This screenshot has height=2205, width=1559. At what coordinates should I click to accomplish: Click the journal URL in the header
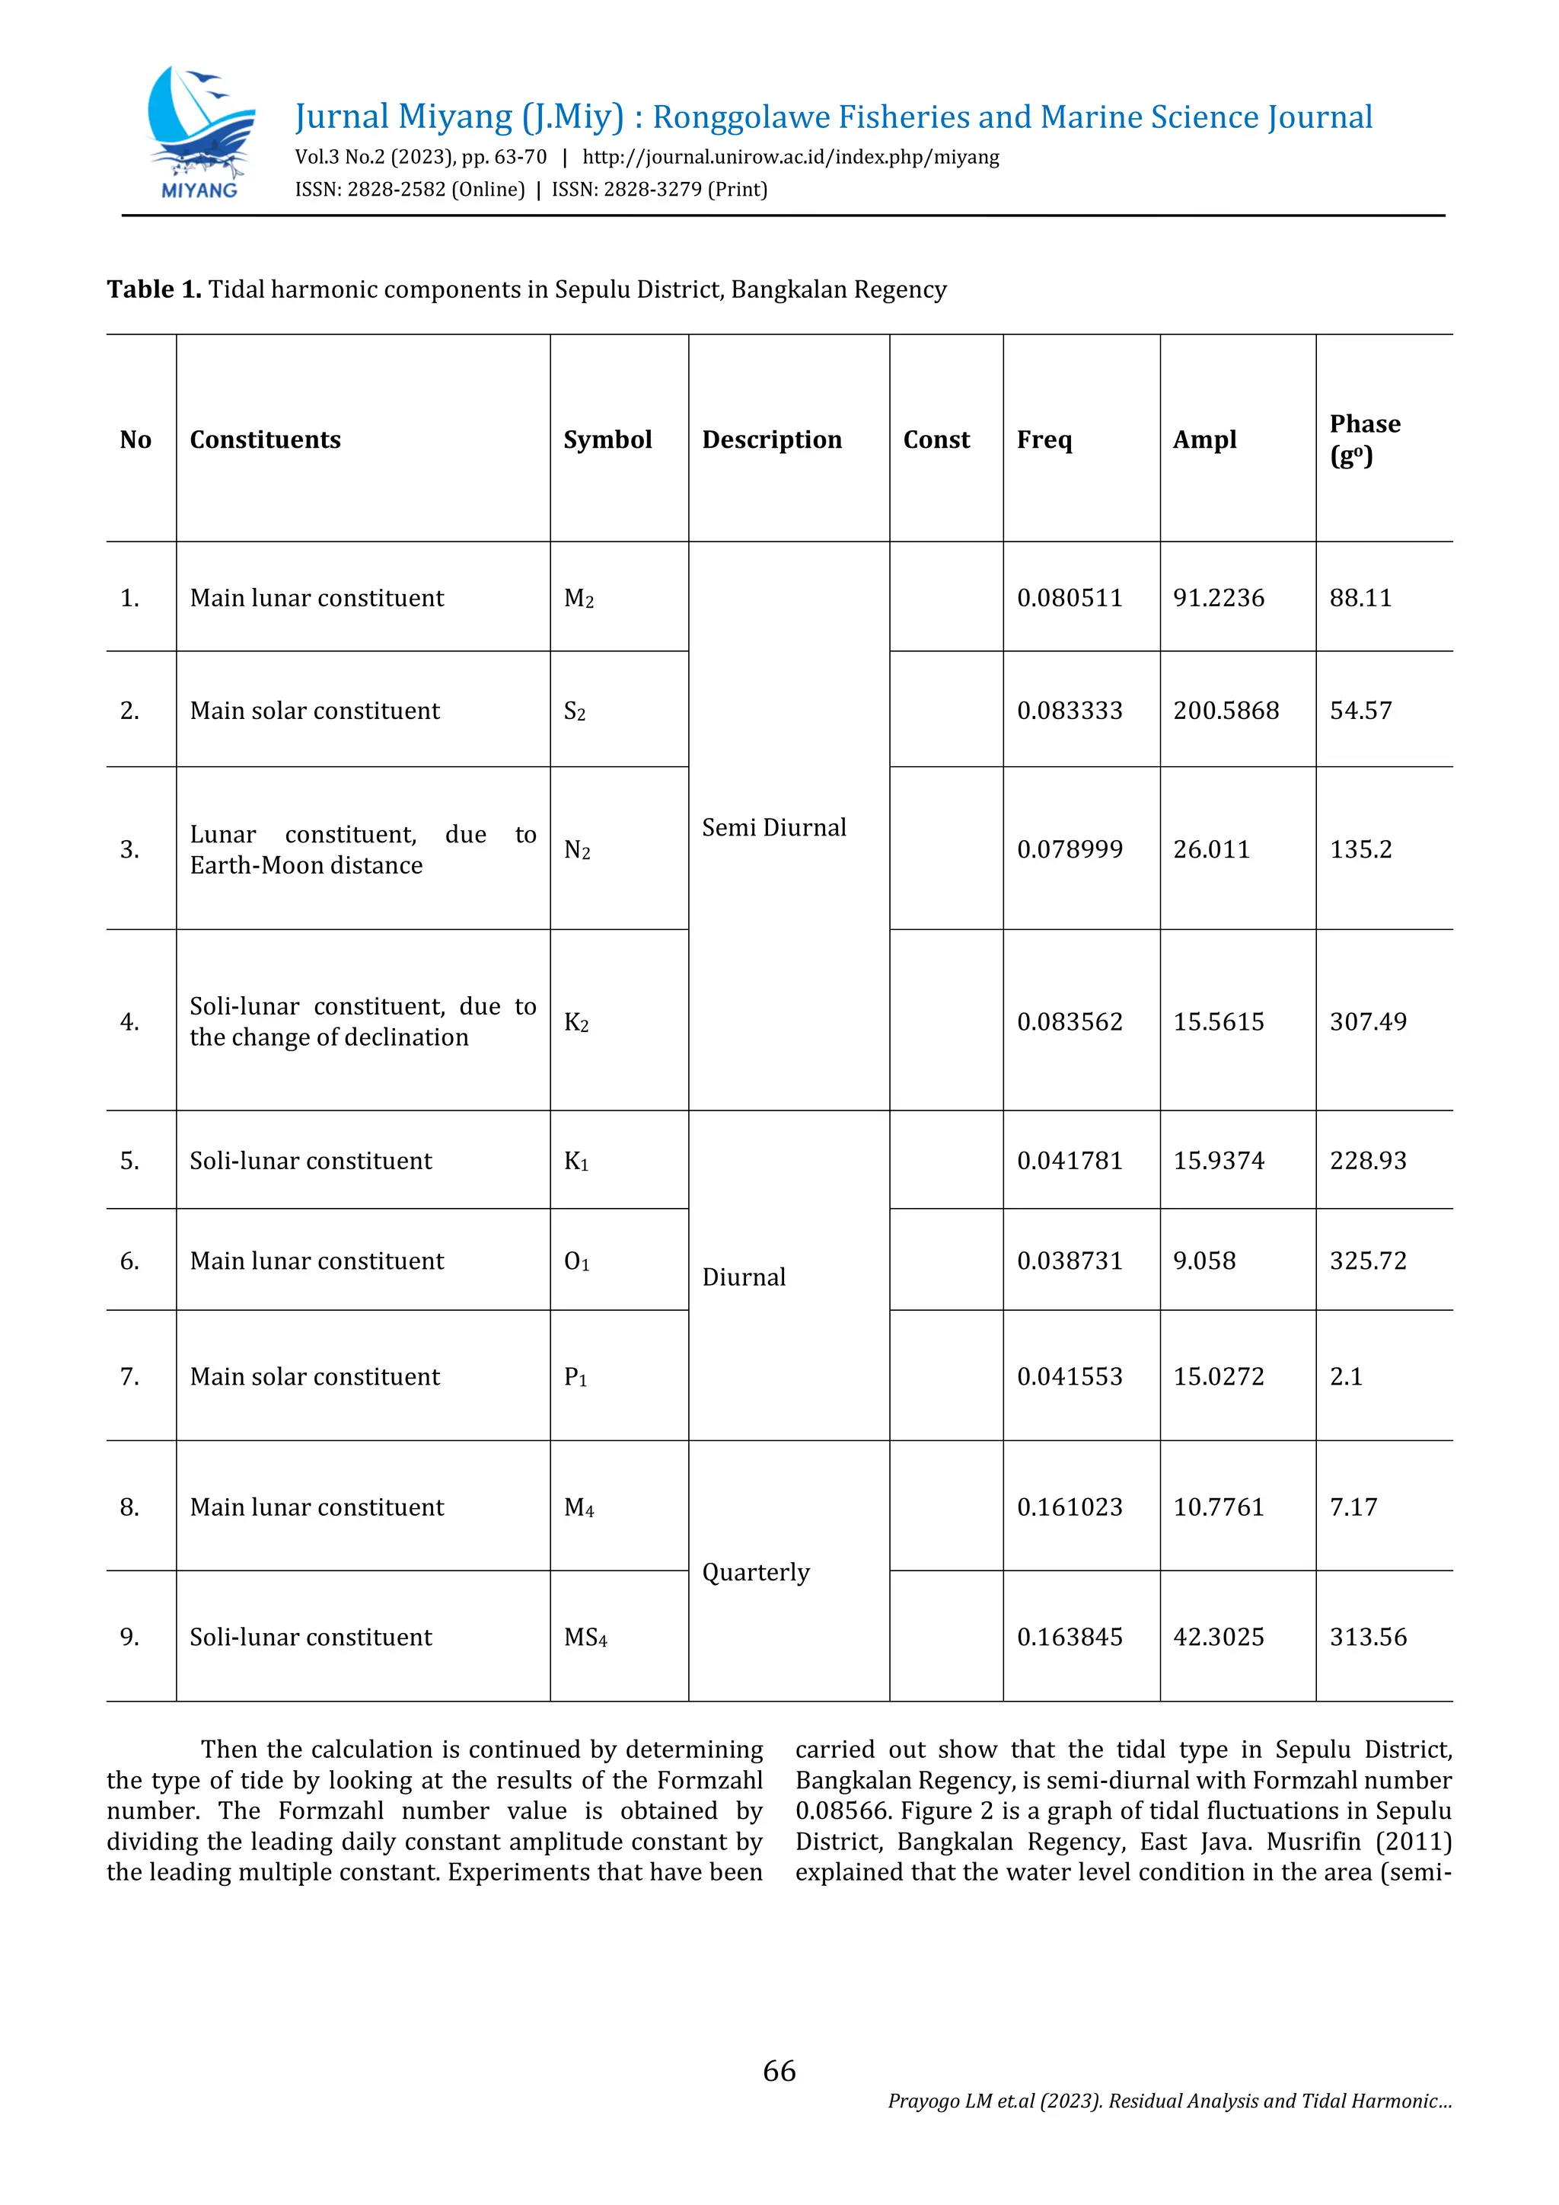pyautogui.click(x=790, y=158)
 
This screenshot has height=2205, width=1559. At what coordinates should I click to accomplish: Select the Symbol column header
pyautogui.click(x=607, y=439)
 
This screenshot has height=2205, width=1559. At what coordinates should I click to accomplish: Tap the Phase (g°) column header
pyautogui.click(x=1363, y=439)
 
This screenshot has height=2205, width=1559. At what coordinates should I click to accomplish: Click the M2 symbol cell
pyautogui.click(x=579, y=599)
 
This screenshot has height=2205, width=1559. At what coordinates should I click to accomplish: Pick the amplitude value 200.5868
pyautogui.click(x=1225, y=711)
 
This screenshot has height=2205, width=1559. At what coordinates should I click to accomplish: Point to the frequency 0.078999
pyautogui.click(x=1069, y=849)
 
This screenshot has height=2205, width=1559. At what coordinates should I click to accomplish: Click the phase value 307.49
pyautogui.click(x=1367, y=1022)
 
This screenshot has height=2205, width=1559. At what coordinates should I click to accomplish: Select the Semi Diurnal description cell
pyautogui.click(x=773, y=828)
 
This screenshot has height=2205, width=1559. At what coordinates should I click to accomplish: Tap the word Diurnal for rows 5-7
pyautogui.click(x=743, y=1277)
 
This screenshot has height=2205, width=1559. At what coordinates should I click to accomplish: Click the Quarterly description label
pyautogui.click(x=755, y=1572)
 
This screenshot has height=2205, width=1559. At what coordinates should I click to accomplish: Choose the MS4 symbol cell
pyautogui.click(x=585, y=1638)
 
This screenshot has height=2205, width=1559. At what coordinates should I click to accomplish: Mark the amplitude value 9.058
pyautogui.click(x=1204, y=1261)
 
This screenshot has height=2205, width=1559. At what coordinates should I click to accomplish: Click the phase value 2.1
pyautogui.click(x=1345, y=1377)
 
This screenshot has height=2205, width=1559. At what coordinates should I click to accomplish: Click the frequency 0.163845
pyautogui.click(x=1069, y=1638)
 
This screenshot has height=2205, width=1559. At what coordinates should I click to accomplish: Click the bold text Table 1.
pyautogui.click(x=154, y=289)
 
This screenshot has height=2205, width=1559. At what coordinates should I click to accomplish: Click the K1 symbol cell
pyautogui.click(x=576, y=1161)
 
